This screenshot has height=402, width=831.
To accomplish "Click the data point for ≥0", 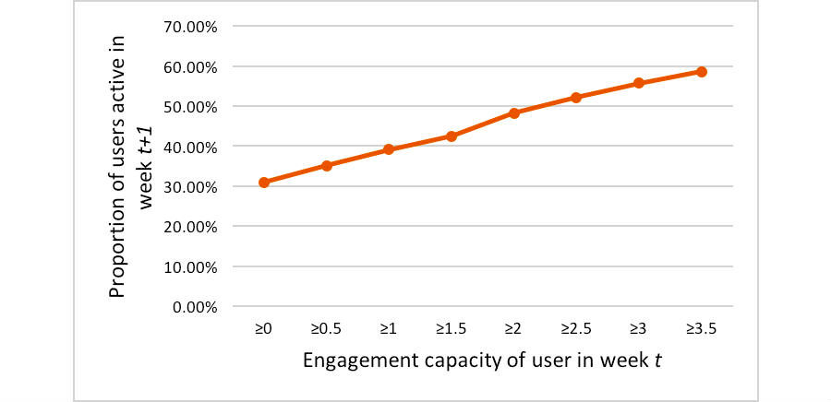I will [x=264, y=183].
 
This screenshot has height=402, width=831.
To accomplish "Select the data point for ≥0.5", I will [x=326, y=166].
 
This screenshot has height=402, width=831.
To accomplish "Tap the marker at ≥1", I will [x=389, y=149].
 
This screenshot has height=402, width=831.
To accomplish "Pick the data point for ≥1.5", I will [x=452, y=136].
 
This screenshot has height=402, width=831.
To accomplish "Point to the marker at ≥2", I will [x=514, y=113].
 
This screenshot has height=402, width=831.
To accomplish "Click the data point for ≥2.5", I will [x=576, y=97].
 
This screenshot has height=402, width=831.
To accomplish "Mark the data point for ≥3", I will [x=639, y=83].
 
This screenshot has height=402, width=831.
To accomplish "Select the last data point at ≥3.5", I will [x=702, y=72].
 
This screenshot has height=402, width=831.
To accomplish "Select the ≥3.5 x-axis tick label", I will [x=702, y=327].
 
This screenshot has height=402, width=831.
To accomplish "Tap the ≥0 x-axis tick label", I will [x=264, y=327].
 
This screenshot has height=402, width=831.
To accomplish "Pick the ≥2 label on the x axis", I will [x=514, y=327].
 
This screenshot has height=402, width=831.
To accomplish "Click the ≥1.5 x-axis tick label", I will [x=452, y=327].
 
